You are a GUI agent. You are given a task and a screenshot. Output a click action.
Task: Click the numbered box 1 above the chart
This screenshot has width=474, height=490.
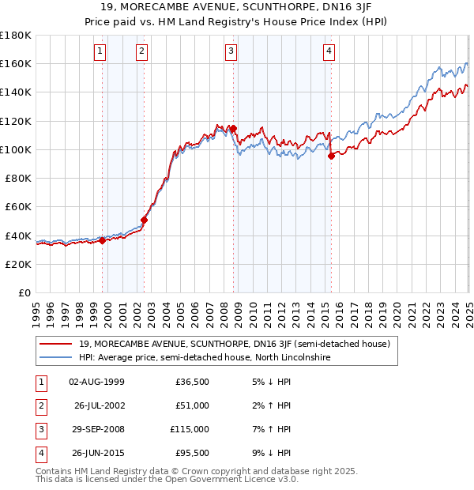pyautogui.click(x=100, y=52)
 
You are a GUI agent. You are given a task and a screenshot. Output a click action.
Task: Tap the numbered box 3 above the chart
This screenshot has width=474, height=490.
pyautogui.click(x=231, y=52)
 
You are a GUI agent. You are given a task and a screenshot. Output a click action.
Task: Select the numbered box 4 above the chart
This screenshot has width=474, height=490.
pyautogui.click(x=329, y=52)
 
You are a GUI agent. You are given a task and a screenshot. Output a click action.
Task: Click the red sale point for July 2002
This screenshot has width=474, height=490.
pyautogui.click(x=145, y=220)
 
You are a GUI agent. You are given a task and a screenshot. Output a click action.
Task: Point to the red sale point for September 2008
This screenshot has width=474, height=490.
pyautogui.click(x=234, y=128)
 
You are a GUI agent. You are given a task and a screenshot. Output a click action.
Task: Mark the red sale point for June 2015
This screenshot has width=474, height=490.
pyautogui.click(x=331, y=156)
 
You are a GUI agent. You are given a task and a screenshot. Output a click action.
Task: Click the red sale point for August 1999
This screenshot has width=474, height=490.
pyautogui.click(x=102, y=241)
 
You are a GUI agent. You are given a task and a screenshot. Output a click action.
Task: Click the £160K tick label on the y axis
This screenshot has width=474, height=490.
pyautogui.click(x=16, y=63)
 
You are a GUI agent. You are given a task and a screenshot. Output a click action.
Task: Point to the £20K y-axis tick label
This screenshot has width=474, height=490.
pyautogui.click(x=18, y=264)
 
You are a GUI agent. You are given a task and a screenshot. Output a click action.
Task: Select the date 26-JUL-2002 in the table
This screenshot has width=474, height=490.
pyautogui.click(x=98, y=405)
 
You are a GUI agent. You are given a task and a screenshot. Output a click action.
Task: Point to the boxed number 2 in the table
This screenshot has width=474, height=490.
pyautogui.click(x=39, y=405)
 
